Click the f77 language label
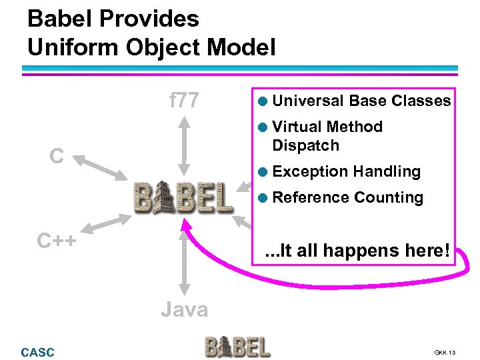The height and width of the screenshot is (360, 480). click(184, 101)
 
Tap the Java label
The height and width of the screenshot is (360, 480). click(184, 309)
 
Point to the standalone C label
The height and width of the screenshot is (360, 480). click(57, 157)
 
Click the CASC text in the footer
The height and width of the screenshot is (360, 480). click(38, 351)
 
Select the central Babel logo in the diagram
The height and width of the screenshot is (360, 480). click(183, 197)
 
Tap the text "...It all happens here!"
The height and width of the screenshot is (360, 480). click(357, 251)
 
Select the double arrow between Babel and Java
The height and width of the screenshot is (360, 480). click(185, 261)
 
